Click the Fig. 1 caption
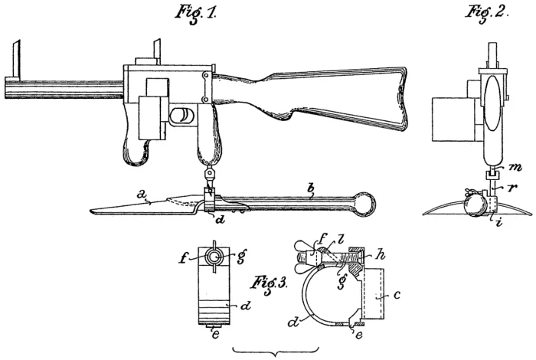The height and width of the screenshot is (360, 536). pos(195,13)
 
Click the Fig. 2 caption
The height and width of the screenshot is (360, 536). pos(487,13)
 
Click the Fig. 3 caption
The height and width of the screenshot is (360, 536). pos(270,283)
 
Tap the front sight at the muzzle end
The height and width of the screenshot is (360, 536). pos(15,59)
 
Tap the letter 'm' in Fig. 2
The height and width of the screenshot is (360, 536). pos(514,167)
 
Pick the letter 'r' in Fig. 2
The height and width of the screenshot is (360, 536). pos(511,187)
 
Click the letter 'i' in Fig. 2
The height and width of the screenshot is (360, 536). pos(500,223)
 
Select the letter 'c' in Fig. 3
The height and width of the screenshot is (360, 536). pos(396,294)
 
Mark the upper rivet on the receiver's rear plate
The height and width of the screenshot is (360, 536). pos(207,75)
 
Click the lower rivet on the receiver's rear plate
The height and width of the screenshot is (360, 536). pos(207,100)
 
